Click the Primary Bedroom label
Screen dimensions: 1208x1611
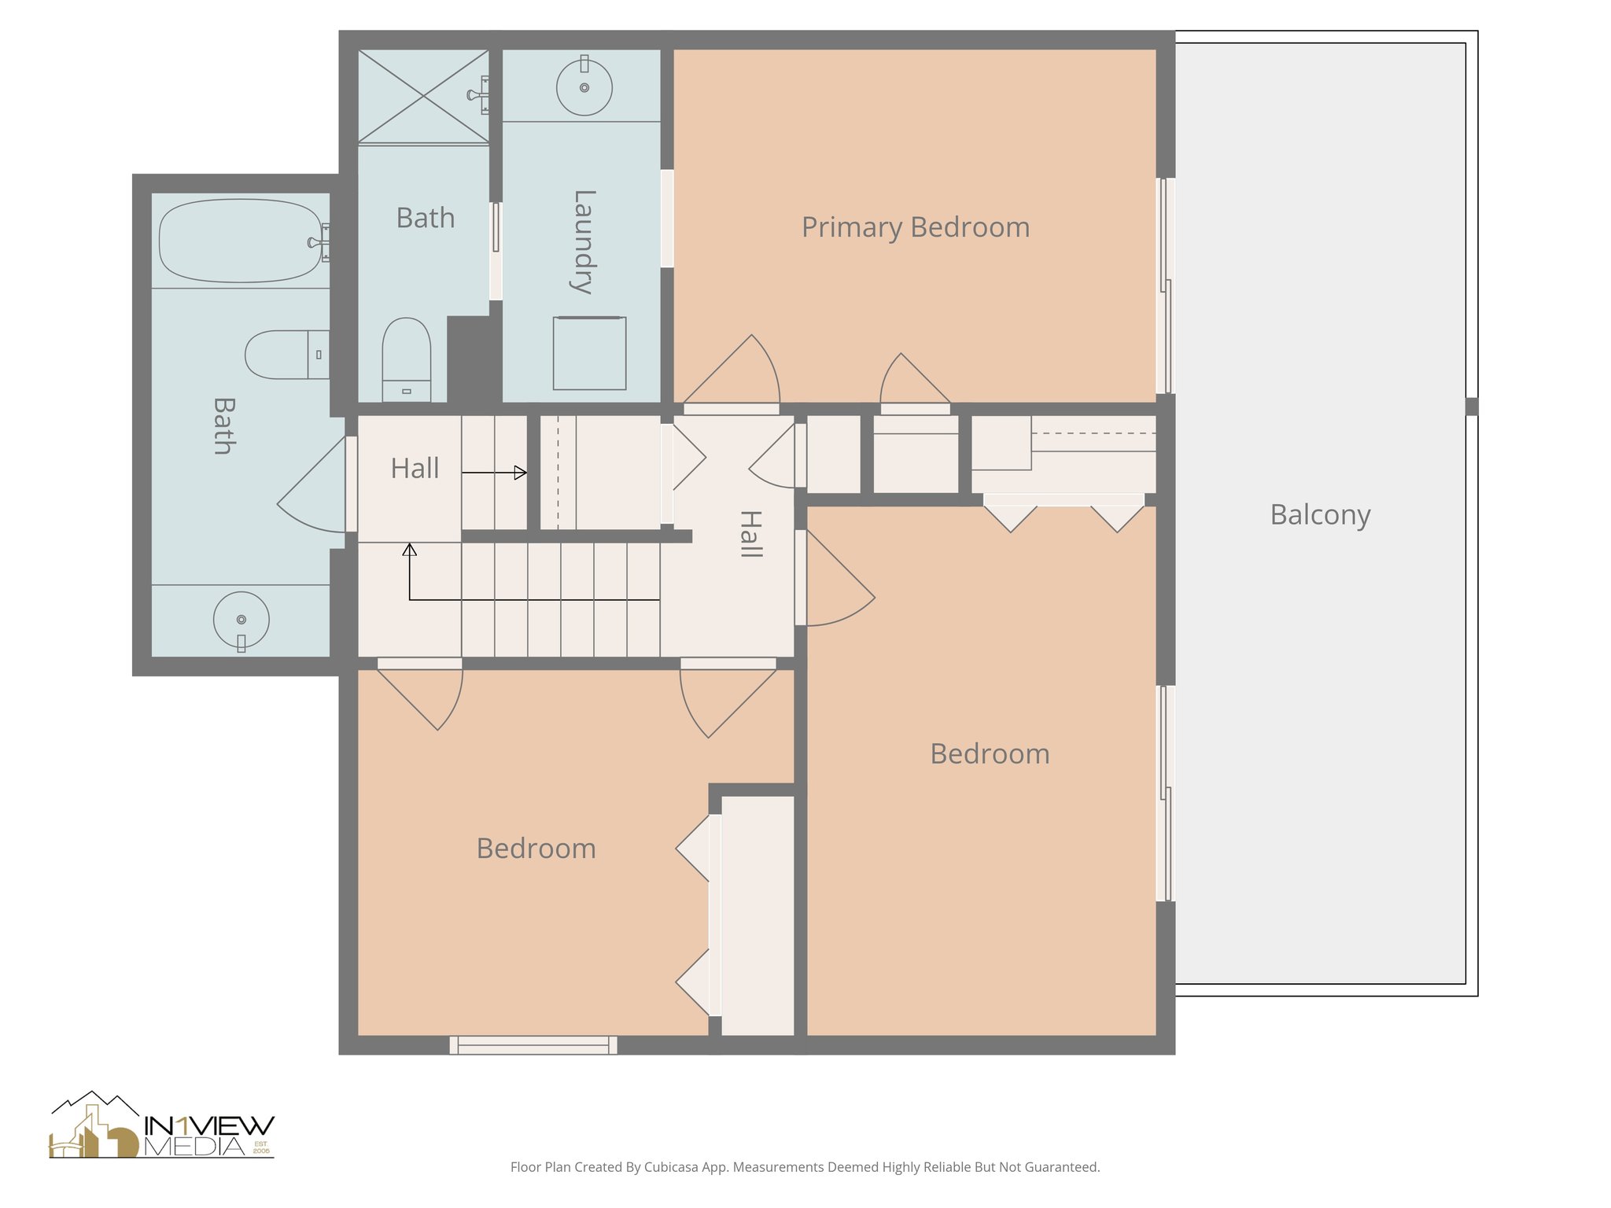pyautogui.click(x=915, y=227)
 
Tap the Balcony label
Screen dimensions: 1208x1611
pyautogui.click(x=1319, y=514)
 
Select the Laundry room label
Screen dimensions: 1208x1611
pyautogui.click(x=582, y=241)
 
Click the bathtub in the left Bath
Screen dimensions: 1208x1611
pyautogui.click(x=240, y=241)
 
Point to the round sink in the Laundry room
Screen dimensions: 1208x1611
pyautogui.click(x=584, y=87)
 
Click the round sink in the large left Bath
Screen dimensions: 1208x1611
pyautogui.click(x=241, y=620)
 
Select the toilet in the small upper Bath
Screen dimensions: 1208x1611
pyautogui.click(x=406, y=358)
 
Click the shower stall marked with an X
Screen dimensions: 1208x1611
pyautogui.click(x=423, y=96)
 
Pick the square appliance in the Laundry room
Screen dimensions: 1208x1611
pyautogui.click(x=589, y=353)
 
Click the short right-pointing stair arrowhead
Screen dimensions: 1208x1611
pyautogui.click(x=520, y=473)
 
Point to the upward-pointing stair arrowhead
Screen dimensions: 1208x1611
pyautogui.click(x=409, y=550)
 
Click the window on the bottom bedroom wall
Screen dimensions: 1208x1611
pyautogui.click(x=533, y=1044)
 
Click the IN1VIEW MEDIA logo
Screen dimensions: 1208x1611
pyautogui.click(x=162, y=1126)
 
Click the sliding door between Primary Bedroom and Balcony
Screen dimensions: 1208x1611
pyautogui.click(x=1165, y=285)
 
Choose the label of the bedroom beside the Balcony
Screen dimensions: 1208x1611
pyautogui.click(x=989, y=753)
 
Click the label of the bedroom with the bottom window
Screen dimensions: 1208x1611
pyautogui.click(x=536, y=848)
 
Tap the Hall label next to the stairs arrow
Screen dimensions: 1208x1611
pyautogui.click(x=415, y=468)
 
